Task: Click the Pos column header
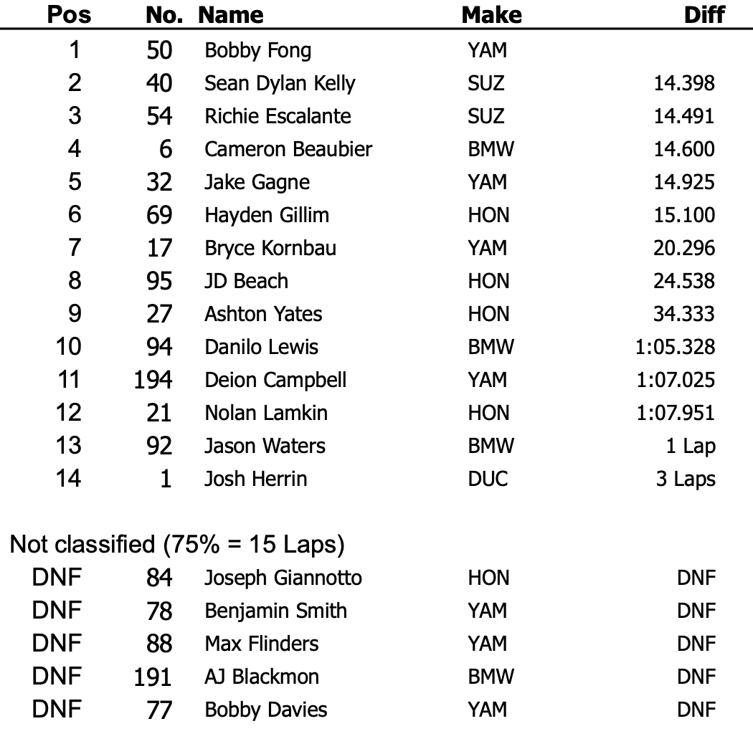click(69, 14)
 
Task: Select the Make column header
click(491, 14)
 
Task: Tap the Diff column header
click(704, 14)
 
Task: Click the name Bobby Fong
click(257, 51)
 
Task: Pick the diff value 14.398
click(683, 84)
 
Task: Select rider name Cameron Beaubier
click(288, 149)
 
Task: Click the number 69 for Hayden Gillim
click(158, 215)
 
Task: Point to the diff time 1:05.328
click(675, 347)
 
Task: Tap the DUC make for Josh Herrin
click(488, 479)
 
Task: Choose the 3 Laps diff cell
click(685, 479)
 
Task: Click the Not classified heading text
click(177, 545)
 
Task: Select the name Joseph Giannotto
click(283, 578)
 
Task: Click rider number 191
click(153, 677)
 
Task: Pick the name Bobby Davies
click(266, 710)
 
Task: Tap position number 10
click(69, 347)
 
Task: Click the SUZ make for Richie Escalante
click(486, 116)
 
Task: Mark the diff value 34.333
click(683, 314)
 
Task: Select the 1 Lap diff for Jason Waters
click(690, 446)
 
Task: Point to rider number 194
click(153, 380)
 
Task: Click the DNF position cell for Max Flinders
click(57, 644)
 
